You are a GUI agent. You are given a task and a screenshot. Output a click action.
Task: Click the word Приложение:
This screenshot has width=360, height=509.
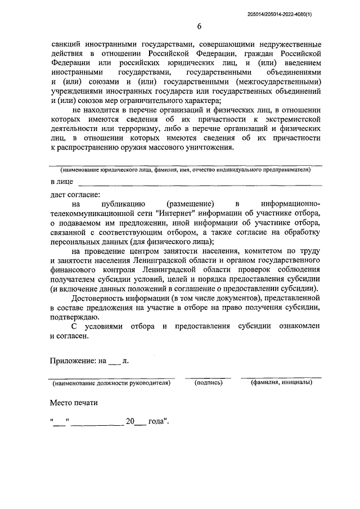[73, 361]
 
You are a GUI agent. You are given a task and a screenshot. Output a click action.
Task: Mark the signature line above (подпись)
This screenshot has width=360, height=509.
[208, 377]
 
